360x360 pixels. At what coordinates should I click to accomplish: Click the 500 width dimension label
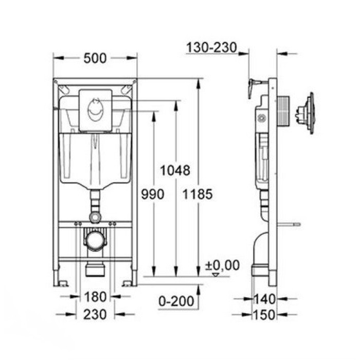click(x=95, y=59)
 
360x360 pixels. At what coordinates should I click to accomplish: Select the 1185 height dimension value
click(x=198, y=194)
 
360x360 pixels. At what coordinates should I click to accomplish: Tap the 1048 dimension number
click(x=175, y=170)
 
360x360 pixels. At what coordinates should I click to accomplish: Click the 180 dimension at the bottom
click(x=95, y=297)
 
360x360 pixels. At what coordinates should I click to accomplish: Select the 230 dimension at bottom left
click(x=95, y=314)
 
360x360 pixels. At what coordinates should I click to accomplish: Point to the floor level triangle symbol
click(x=215, y=275)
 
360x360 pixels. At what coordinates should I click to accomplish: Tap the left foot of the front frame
click(x=60, y=282)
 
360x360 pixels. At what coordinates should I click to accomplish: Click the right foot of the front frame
click(x=129, y=282)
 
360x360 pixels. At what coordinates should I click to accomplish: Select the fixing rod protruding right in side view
click(x=289, y=224)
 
